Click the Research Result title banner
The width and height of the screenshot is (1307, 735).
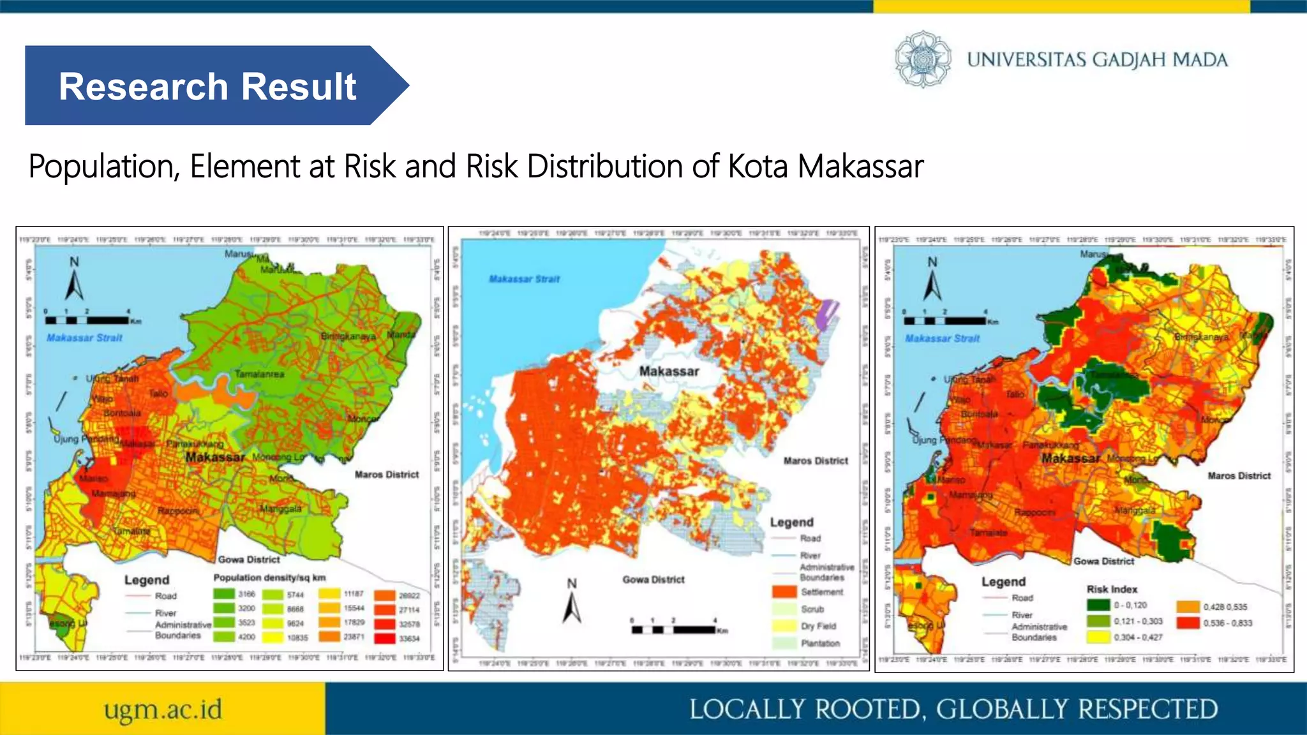click(x=207, y=85)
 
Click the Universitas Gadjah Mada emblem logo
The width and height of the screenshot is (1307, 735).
click(x=922, y=59)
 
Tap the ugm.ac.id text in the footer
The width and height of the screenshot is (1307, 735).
click(x=163, y=709)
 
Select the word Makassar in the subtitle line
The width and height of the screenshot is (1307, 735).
click(x=860, y=167)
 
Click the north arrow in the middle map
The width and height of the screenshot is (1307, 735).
click(x=572, y=606)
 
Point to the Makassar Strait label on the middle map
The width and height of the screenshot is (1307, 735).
click(x=524, y=279)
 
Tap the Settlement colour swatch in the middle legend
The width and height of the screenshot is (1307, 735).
click(x=784, y=592)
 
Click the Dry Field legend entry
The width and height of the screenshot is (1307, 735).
click(x=818, y=626)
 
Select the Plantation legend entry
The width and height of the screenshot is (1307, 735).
click(x=819, y=643)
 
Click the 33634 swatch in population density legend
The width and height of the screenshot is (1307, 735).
click(x=385, y=637)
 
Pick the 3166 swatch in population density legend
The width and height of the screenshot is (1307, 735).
click(x=224, y=594)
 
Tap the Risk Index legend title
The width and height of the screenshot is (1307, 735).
click(x=1112, y=589)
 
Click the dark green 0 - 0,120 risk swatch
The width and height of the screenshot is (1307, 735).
click(x=1098, y=605)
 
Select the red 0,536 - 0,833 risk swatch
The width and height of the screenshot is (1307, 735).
click(x=1188, y=622)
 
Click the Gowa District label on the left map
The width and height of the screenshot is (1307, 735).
click(x=249, y=560)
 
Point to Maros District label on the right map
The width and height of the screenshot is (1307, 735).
click(x=1239, y=476)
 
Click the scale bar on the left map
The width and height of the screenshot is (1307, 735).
click(x=87, y=320)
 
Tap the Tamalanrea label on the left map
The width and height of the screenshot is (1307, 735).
click(x=259, y=374)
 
